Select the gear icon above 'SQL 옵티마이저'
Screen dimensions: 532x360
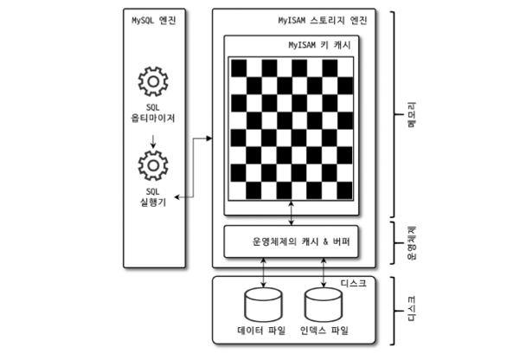coord(152,83)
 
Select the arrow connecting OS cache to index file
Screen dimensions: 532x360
coord(320,271)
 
